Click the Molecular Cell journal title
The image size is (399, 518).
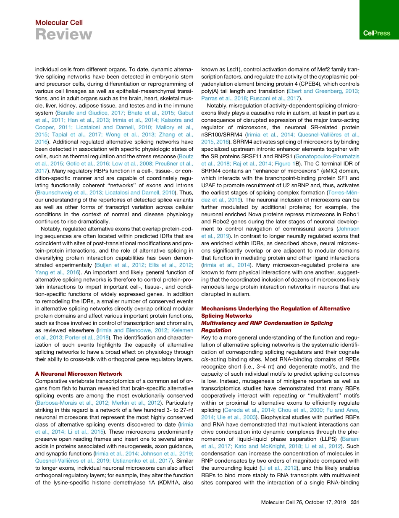click(x=59, y=23)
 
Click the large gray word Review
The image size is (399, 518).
click(x=63, y=34)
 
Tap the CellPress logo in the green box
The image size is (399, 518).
click(x=376, y=33)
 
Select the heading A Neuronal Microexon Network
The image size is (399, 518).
click(x=79, y=374)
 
